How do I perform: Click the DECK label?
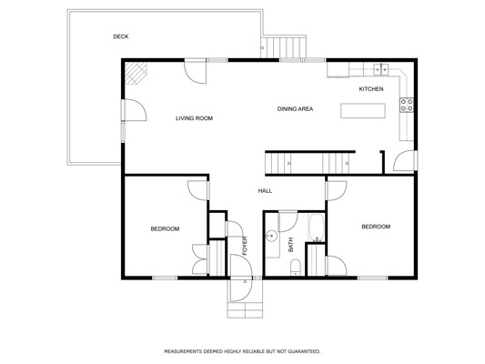pyautogui.click(x=121, y=36)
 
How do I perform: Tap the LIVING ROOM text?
pyautogui.click(x=194, y=118)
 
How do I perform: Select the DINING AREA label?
pyautogui.click(x=295, y=109)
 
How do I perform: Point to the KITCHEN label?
pyautogui.click(x=371, y=89)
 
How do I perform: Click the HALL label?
pyautogui.click(x=265, y=191)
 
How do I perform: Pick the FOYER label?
pyautogui.click(x=245, y=246)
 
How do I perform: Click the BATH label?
pyautogui.click(x=291, y=245)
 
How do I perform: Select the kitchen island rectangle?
pyautogui.click(x=363, y=111)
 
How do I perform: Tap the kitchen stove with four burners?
pyautogui.click(x=407, y=105)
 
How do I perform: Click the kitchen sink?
pyautogui.click(x=381, y=69)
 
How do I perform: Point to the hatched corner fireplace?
pyautogui.click(x=136, y=73)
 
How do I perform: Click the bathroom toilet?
pyautogui.click(x=296, y=267)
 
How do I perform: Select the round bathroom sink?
pyautogui.click(x=271, y=236)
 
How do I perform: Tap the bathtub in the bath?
pyautogui.click(x=316, y=227)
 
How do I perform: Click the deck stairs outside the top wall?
pyautogui.click(x=283, y=47)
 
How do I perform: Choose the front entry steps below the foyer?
pyautogui.click(x=245, y=310)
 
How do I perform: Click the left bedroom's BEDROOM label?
pyautogui.click(x=165, y=228)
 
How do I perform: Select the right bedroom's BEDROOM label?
pyautogui.click(x=376, y=227)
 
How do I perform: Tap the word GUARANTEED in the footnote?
pyautogui.click(x=304, y=351)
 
